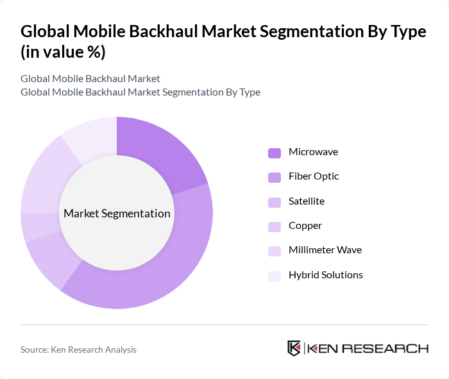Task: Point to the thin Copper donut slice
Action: coord(33,226)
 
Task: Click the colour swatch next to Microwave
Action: coord(275,153)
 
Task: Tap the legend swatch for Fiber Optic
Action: coord(275,177)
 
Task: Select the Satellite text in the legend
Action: coord(306,201)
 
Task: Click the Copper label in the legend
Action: coord(305,226)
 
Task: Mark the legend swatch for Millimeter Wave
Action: coord(275,251)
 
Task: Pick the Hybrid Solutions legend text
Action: coord(325,275)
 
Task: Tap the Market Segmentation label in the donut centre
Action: coord(117,214)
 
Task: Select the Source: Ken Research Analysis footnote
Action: coord(78,350)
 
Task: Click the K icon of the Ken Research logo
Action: coord(294,348)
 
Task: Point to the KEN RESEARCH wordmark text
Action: coord(368,348)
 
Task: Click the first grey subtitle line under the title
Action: coord(90,79)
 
